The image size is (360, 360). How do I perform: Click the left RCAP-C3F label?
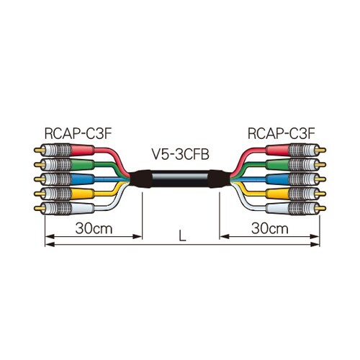click(x=78, y=134)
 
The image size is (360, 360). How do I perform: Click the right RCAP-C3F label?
click(x=281, y=134)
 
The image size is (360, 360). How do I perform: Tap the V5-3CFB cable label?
click(x=181, y=155)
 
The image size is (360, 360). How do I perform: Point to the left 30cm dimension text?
click(x=94, y=228)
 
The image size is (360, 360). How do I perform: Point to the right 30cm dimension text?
click(x=270, y=228)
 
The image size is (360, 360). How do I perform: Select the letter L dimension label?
click(x=183, y=235)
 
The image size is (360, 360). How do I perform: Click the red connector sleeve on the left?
click(x=83, y=150)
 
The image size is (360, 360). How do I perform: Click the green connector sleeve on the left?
click(x=83, y=165)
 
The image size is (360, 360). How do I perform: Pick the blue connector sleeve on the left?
click(x=83, y=179)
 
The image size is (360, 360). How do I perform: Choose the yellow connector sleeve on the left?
click(x=83, y=194)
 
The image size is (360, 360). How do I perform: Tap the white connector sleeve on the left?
click(x=83, y=208)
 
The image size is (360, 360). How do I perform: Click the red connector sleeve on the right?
click(x=277, y=150)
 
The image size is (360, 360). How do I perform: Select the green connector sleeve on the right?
click(x=277, y=165)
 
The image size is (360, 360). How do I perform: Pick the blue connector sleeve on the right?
click(x=277, y=179)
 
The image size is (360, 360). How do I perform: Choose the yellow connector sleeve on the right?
click(x=277, y=194)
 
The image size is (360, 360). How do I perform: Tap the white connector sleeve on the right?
click(x=277, y=208)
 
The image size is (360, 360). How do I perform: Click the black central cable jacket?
click(x=180, y=179)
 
